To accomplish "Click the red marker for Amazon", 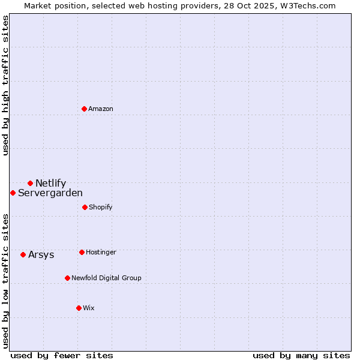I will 84,109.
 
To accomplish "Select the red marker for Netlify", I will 30,183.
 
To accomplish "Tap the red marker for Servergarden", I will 13,193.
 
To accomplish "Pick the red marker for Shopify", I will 85,207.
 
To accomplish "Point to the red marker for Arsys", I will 23,254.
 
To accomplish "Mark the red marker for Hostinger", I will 82,252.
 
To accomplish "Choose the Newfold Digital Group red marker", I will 67,278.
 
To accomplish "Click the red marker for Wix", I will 79,308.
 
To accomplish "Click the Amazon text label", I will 101,109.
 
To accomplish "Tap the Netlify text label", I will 50,184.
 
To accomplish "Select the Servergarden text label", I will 50,193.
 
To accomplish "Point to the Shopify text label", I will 101,208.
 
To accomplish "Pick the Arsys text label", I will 41,255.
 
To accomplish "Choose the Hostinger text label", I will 101,253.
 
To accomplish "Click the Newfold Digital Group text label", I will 106,278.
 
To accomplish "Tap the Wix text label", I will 89,308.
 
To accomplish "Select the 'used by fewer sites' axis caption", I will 62,355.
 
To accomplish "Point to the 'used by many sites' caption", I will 301,355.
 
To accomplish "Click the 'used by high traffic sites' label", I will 6,85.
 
